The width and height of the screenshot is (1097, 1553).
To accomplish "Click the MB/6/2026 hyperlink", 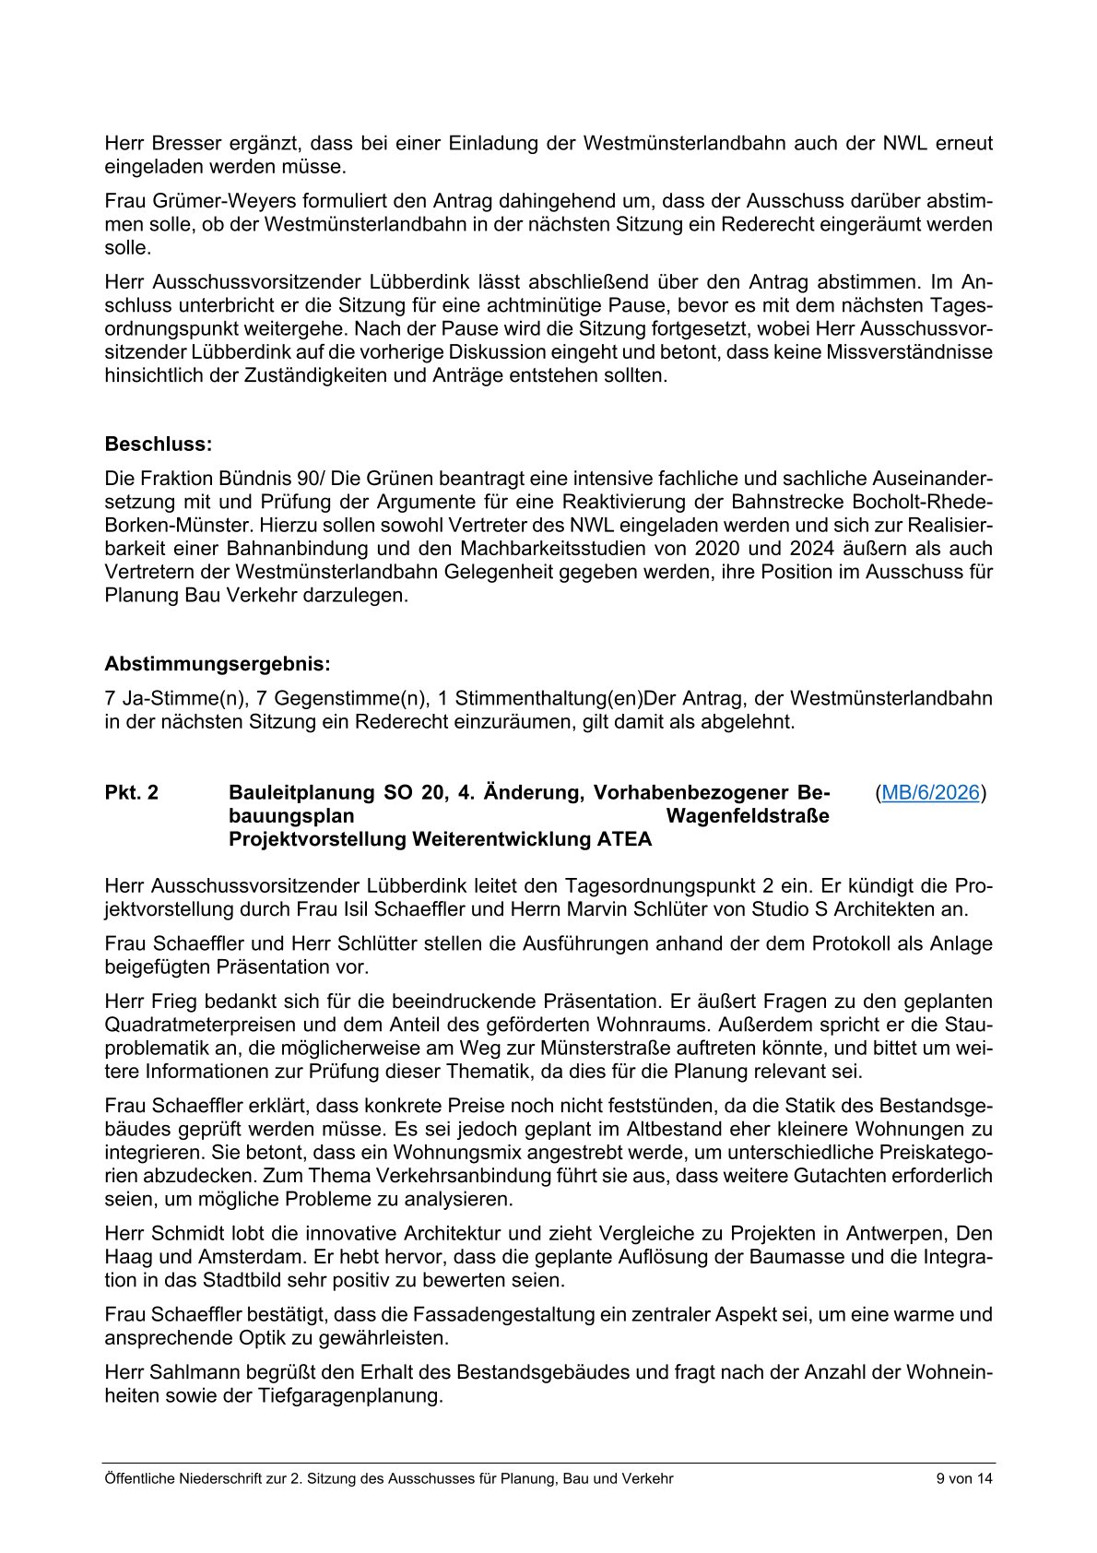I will coord(930,792).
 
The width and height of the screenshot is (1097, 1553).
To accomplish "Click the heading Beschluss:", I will coord(158,445).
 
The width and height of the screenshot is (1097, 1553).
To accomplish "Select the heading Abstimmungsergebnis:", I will coord(217,664).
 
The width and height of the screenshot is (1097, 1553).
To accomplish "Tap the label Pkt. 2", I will coord(131,793).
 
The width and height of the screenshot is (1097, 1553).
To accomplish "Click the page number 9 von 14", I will coord(964,1478).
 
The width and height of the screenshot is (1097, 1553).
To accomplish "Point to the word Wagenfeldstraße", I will coord(747,816).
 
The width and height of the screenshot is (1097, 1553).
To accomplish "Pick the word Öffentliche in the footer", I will coord(138,1478).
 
